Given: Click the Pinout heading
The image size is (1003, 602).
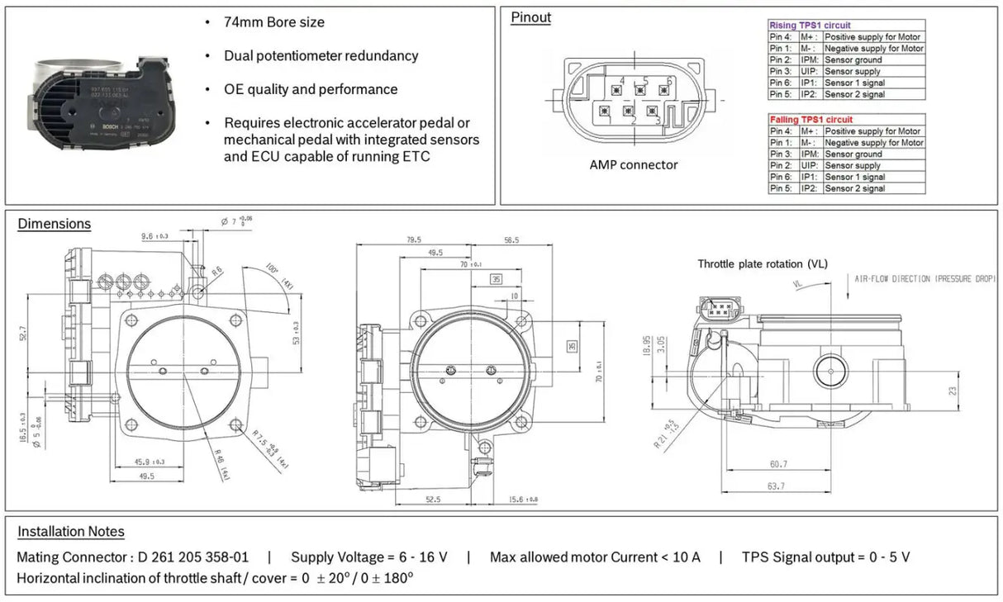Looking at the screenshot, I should click(x=530, y=17).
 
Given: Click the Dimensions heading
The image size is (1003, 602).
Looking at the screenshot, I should click(x=54, y=224).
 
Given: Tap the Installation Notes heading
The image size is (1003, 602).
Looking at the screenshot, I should click(x=71, y=532).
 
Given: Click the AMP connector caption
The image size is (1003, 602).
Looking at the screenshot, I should click(x=633, y=165).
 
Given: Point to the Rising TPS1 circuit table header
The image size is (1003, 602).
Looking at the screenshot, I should click(x=810, y=26).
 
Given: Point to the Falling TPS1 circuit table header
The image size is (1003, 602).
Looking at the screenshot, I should click(x=810, y=120).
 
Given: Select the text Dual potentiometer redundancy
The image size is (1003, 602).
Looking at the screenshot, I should click(x=321, y=56).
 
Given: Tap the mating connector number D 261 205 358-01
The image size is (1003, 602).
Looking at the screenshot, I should click(x=188, y=557).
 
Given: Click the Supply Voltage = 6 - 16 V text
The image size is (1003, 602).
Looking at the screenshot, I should click(x=368, y=557).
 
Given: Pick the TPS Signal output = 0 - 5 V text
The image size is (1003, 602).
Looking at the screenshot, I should click(x=825, y=557).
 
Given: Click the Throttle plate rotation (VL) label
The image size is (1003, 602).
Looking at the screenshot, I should click(x=762, y=264).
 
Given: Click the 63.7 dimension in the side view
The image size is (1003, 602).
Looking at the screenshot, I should click(x=775, y=486).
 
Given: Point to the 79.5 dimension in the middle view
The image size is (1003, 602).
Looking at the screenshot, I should click(x=413, y=241).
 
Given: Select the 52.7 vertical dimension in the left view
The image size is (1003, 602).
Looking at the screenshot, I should click(x=23, y=334).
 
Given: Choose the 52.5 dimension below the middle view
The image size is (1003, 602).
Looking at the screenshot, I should click(x=433, y=499).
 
